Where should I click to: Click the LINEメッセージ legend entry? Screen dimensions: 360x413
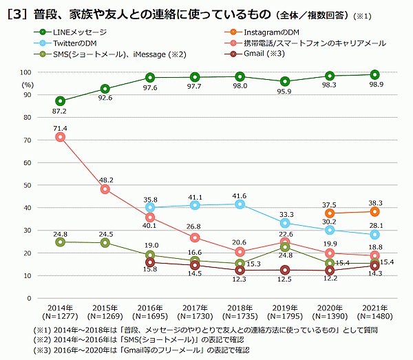pyautogui.click(x=76, y=32)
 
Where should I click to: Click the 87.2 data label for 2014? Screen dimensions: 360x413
pyautogui.click(x=59, y=111)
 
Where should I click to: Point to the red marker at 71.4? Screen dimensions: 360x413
pyautogui.click(x=60, y=137)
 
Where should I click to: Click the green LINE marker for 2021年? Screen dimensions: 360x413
pyautogui.click(x=374, y=75)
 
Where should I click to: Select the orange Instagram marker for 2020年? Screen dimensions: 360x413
pyautogui.click(x=330, y=213)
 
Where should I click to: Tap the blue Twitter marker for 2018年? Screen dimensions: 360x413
pyautogui.click(x=240, y=204)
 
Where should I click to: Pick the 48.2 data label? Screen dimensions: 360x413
pyautogui.click(x=105, y=180)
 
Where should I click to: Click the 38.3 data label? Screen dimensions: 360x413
pyautogui.click(x=374, y=202)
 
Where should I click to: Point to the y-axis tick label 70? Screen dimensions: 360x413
pyautogui.click(x=25, y=140)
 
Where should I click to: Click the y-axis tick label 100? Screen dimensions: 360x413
pyautogui.click(x=25, y=72)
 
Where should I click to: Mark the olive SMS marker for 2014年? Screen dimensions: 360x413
pyautogui.click(x=60, y=242)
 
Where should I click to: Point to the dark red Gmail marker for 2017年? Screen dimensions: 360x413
pyautogui.click(x=194, y=266)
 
